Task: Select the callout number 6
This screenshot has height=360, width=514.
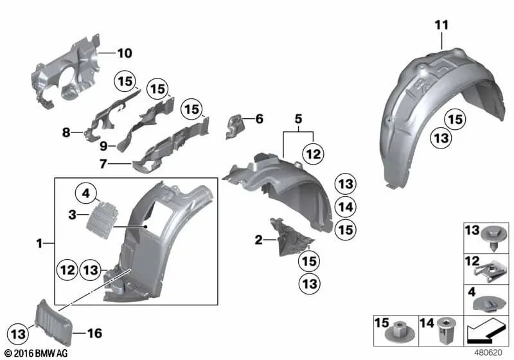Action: [x=259, y=119]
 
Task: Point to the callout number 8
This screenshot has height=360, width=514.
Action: [x=66, y=133]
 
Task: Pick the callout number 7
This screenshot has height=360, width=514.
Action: [x=103, y=164]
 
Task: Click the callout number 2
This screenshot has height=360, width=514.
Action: [x=258, y=240]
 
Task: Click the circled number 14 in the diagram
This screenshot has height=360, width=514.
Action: [x=345, y=206]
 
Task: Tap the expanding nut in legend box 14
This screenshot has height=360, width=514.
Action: [x=444, y=332]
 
